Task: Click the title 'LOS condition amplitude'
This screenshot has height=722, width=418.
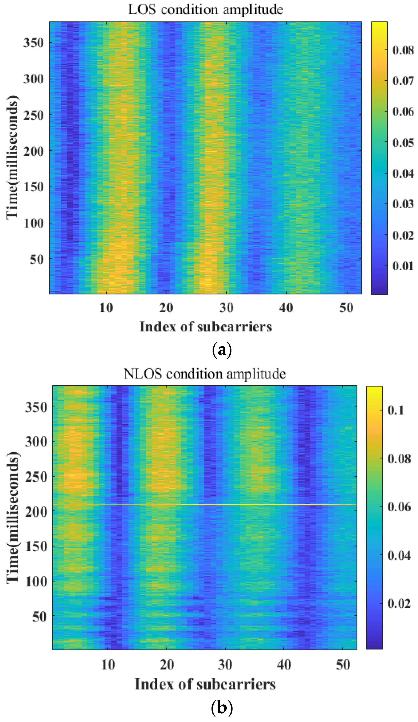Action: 206,10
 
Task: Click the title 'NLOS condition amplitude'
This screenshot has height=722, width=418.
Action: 204,374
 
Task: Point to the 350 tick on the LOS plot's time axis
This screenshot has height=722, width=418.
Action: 33,43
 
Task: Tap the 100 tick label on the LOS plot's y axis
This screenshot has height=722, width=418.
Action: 33,223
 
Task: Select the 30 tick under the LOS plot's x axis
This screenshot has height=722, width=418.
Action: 226,308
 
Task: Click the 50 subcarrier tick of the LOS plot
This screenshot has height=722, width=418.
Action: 346,308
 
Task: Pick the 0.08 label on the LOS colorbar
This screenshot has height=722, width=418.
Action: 403,50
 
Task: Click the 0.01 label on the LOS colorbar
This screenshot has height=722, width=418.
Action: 403,266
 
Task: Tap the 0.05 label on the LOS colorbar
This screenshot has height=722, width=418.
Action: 403,143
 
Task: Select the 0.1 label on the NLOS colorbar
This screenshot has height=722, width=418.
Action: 396,410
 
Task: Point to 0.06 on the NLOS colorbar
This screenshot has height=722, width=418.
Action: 399,507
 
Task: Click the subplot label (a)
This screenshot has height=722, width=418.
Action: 222,350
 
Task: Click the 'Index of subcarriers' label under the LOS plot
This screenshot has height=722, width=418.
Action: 206,327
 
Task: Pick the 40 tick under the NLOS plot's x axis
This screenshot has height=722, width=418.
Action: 284,665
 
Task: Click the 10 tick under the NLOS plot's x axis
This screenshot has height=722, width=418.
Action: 108,665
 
